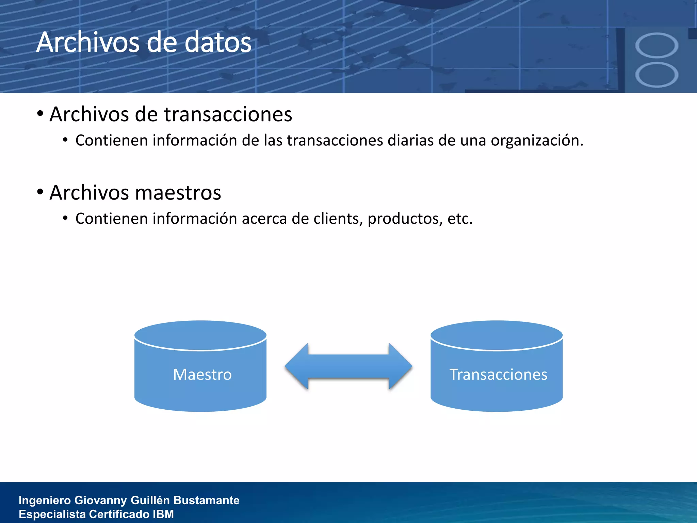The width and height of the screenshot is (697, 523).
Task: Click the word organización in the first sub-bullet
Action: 537,141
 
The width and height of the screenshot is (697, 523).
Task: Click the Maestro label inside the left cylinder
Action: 202,375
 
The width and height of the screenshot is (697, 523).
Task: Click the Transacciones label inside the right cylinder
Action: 498,375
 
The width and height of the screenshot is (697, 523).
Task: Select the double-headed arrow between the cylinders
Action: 348,366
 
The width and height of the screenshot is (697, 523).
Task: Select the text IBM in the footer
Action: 163,514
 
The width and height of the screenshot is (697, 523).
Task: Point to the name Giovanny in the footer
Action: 101,500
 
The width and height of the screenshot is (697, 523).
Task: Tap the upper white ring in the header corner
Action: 657,45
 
